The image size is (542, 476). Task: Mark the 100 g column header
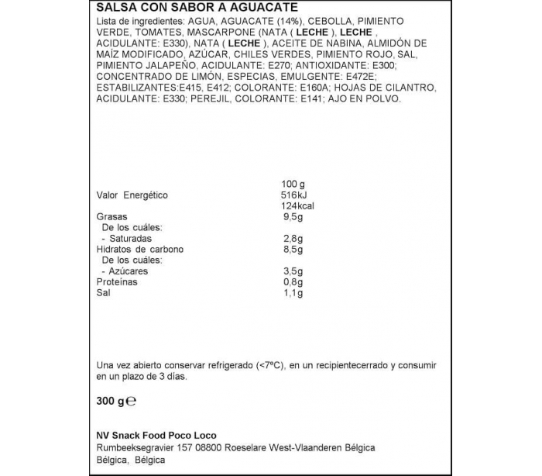pyautogui.click(x=294, y=184)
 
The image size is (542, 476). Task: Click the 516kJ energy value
pyautogui.click(x=294, y=195)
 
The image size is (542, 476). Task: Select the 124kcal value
pyautogui.click(x=297, y=206)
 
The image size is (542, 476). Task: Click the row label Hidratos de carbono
pyautogui.click(x=137, y=250)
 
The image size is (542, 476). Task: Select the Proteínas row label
pyautogui.click(x=117, y=282)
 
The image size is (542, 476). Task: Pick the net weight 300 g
pyautogui.click(x=111, y=402)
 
